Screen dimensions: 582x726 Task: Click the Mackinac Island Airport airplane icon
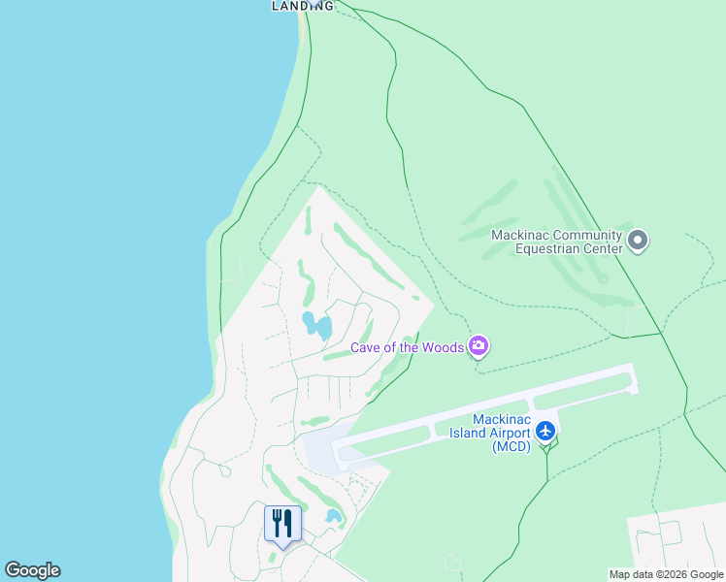545,430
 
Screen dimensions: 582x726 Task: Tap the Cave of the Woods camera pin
478,345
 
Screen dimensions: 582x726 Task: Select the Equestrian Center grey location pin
638,240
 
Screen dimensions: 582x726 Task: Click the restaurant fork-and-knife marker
282,524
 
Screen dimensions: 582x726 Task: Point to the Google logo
32,570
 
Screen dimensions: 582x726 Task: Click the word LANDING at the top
302,6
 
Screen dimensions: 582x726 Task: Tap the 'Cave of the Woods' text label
407,347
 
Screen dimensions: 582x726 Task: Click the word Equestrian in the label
548,248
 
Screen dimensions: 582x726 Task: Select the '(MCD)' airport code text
511,447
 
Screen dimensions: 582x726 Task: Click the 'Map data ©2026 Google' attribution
667,574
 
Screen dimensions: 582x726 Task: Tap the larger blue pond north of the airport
317,326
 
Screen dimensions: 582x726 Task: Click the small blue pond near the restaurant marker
334,516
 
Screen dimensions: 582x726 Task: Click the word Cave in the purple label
367,347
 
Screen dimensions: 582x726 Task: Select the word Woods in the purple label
442,347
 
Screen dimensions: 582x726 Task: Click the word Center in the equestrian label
603,248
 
